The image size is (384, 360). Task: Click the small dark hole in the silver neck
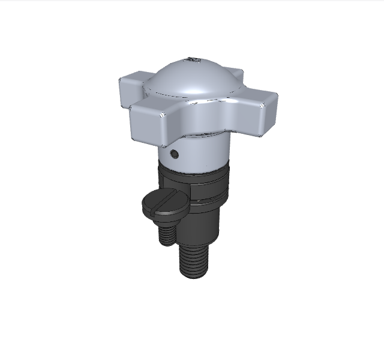pyautogui.click(x=175, y=154)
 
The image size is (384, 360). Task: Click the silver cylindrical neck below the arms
pyautogui.click(x=204, y=150)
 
